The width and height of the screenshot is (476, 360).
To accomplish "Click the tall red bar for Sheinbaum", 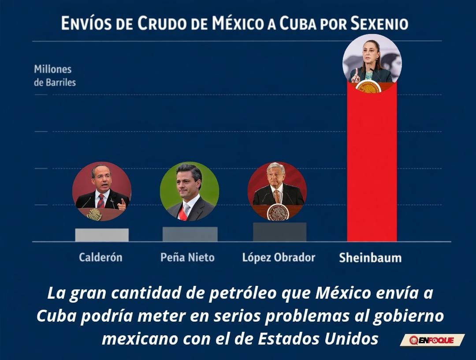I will click(372, 163).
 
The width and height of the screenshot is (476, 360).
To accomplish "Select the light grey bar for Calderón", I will click(102, 235).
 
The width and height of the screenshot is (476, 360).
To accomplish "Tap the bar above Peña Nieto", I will click(190, 234).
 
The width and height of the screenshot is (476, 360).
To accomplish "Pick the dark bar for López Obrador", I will click(279, 232).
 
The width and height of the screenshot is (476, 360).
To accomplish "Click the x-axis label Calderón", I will click(100, 257).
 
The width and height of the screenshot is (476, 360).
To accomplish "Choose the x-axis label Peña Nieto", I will click(187, 257).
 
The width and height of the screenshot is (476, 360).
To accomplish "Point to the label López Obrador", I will click(279, 257).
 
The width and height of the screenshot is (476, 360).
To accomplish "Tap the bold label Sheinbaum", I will click(370, 258).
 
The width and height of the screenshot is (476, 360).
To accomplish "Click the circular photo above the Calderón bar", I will click(102, 191).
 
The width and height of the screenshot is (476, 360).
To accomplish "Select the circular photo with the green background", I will click(190, 191).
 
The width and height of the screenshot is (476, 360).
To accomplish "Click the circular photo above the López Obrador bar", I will click(277, 191).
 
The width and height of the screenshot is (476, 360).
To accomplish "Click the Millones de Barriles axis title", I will click(55, 76).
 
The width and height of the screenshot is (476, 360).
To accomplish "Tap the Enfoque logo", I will click(432, 340).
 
